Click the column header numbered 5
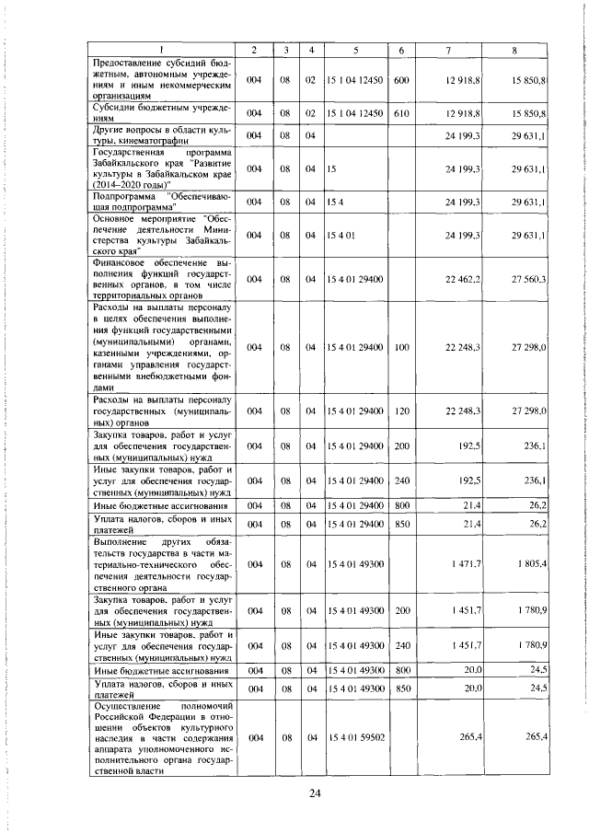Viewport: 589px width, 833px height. [355, 49]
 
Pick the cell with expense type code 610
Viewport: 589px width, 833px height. [401, 112]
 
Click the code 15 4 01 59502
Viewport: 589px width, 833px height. [355, 738]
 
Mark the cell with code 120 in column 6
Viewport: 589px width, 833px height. [401, 409]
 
